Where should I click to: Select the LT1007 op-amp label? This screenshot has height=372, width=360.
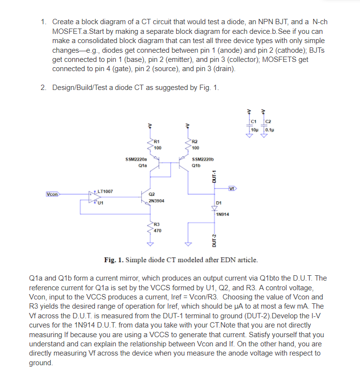pos(105,192)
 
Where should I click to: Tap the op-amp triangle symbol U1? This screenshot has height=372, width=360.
pos(93,196)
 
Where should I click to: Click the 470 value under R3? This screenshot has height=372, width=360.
pos(157,231)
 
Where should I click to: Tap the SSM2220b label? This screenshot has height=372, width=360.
pos(202,159)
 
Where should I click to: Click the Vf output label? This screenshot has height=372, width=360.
pos(232,188)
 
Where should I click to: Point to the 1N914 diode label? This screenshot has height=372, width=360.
pos(223,213)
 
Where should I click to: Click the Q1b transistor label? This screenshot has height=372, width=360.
pos(196,164)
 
